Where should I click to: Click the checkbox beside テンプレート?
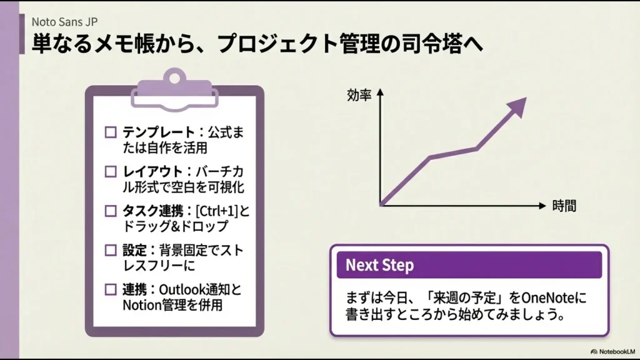click(111, 132)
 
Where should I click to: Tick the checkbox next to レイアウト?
click(111, 171)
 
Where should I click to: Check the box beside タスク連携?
click(111, 211)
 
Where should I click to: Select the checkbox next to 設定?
click(111, 250)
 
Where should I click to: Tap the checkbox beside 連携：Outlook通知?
click(111, 289)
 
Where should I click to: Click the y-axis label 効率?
click(359, 96)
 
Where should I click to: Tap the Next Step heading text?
click(379, 265)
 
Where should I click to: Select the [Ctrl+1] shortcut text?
click(217, 211)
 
